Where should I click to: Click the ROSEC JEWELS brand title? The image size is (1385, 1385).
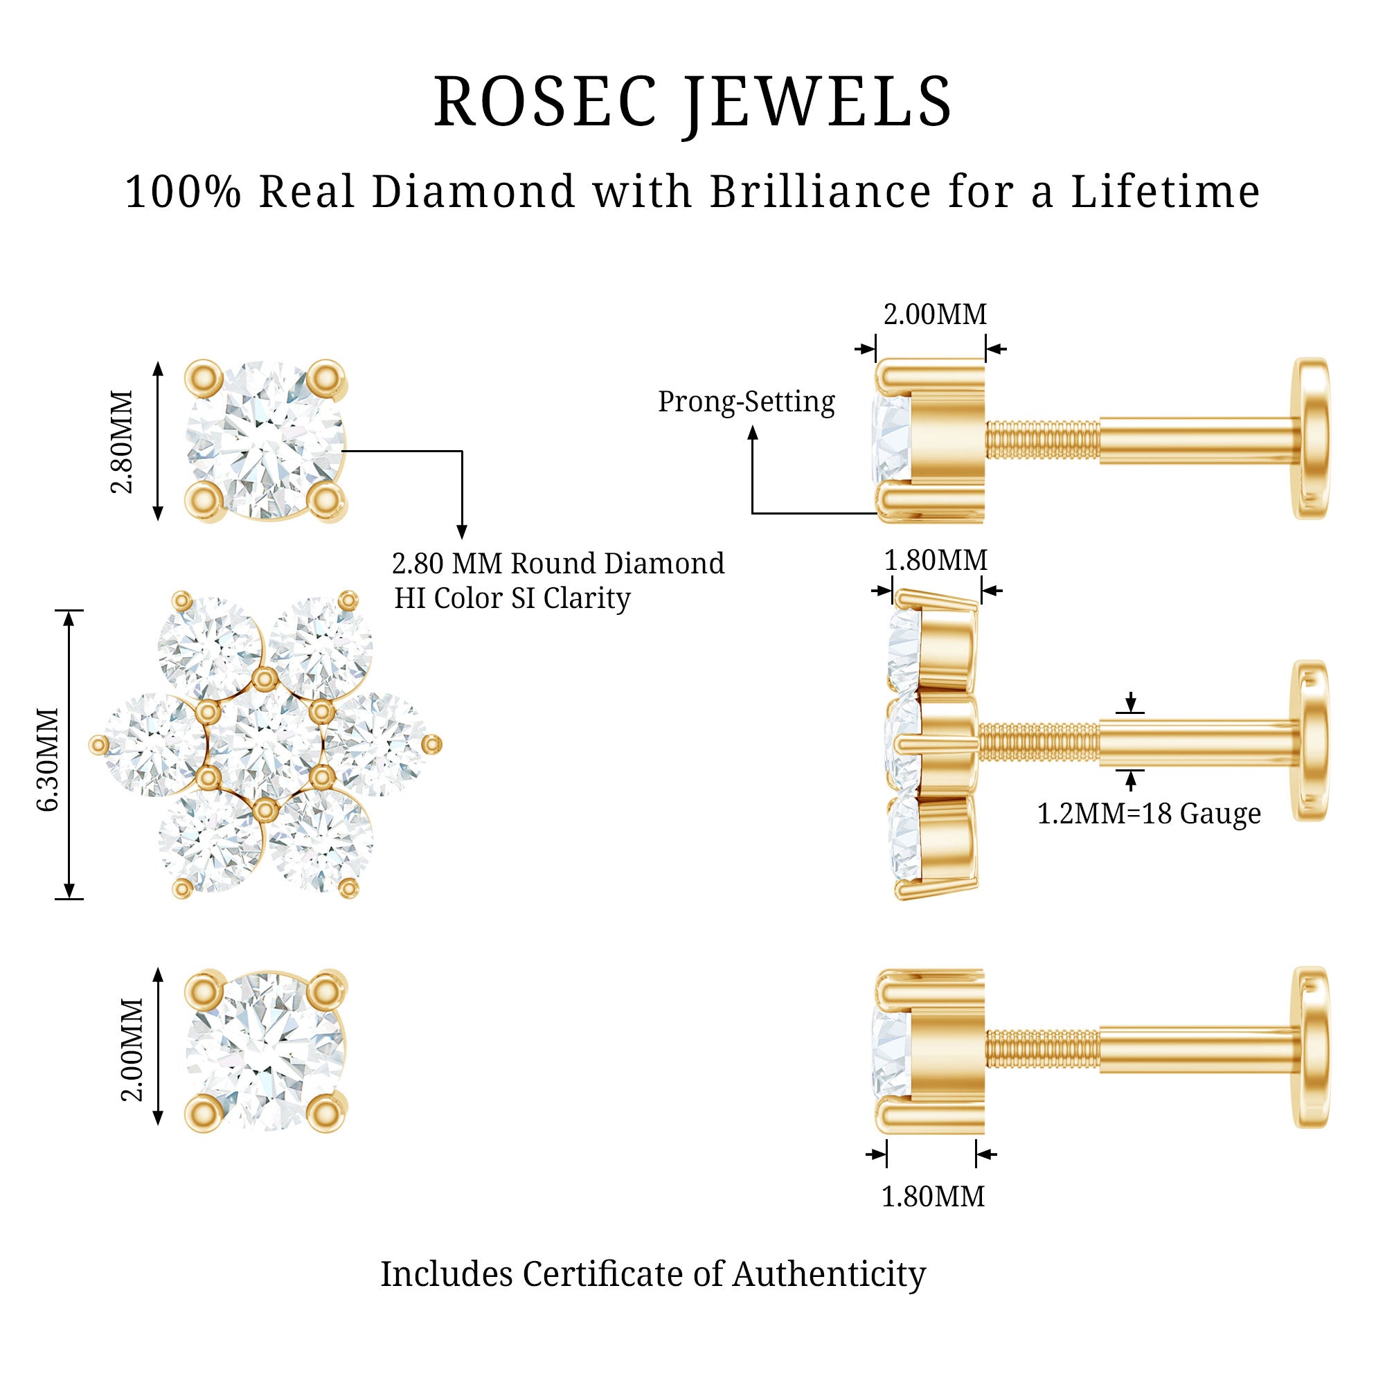coord(692,101)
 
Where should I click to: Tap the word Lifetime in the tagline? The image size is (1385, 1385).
coord(1165,192)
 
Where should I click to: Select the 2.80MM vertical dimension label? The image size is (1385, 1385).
coord(123,442)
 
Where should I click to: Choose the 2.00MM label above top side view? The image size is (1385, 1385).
coord(935,314)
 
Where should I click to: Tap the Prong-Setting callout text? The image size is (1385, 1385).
coord(747,402)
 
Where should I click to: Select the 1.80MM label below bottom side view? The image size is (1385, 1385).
coord(933,1197)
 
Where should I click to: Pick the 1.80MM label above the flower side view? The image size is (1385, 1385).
coord(936,560)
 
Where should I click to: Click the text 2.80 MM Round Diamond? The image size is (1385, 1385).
coord(557,564)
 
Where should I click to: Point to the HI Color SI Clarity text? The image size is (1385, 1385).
coord(512,598)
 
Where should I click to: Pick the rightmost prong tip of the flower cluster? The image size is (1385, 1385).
coord(432,745)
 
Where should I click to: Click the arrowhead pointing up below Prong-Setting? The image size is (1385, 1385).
coord(753,432)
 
